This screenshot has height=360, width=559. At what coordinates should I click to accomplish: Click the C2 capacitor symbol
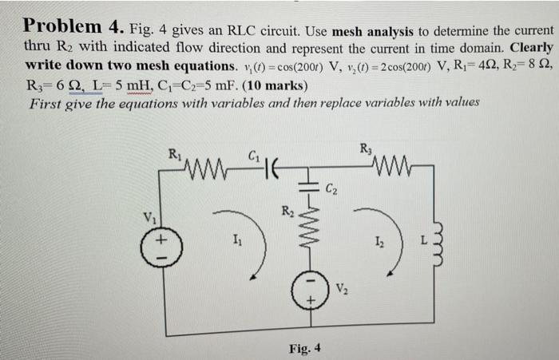pos(313,192)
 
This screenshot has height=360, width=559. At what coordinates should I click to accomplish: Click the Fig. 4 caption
pos(304,348)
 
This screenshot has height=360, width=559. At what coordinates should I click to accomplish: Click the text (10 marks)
pos(265,85)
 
